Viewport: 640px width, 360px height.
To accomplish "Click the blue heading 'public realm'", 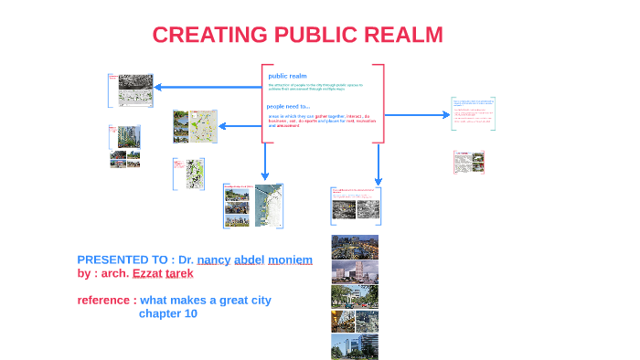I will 287,76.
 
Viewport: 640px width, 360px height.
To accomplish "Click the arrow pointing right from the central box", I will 417,115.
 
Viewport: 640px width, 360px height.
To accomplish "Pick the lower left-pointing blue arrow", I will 240,125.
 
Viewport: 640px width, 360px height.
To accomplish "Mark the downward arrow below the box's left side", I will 266,163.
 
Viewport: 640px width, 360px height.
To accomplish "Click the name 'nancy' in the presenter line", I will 213,259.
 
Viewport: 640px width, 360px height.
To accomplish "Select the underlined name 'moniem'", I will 290,259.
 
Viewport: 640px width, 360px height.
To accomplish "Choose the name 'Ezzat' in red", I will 146,273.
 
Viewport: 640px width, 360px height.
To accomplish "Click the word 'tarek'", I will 179,273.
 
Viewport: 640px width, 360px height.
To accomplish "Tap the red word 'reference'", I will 105,300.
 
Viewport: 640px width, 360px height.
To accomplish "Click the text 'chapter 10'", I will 168,313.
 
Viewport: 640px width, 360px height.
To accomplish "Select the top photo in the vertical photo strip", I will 355,247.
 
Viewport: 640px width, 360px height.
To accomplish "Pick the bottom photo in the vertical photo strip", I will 355,346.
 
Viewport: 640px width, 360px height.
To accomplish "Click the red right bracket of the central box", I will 380,103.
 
